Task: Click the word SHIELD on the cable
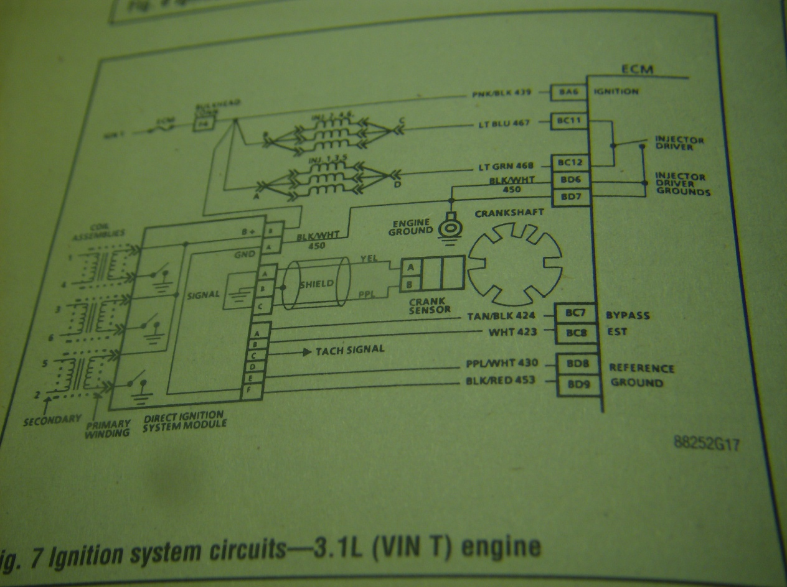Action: [x=316, y=284]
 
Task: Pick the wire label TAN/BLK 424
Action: [x=501, y=316]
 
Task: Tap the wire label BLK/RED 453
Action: [x=500, y=380]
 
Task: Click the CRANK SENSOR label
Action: [x=430, y=305]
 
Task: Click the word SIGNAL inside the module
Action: [x=203, y=294]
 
